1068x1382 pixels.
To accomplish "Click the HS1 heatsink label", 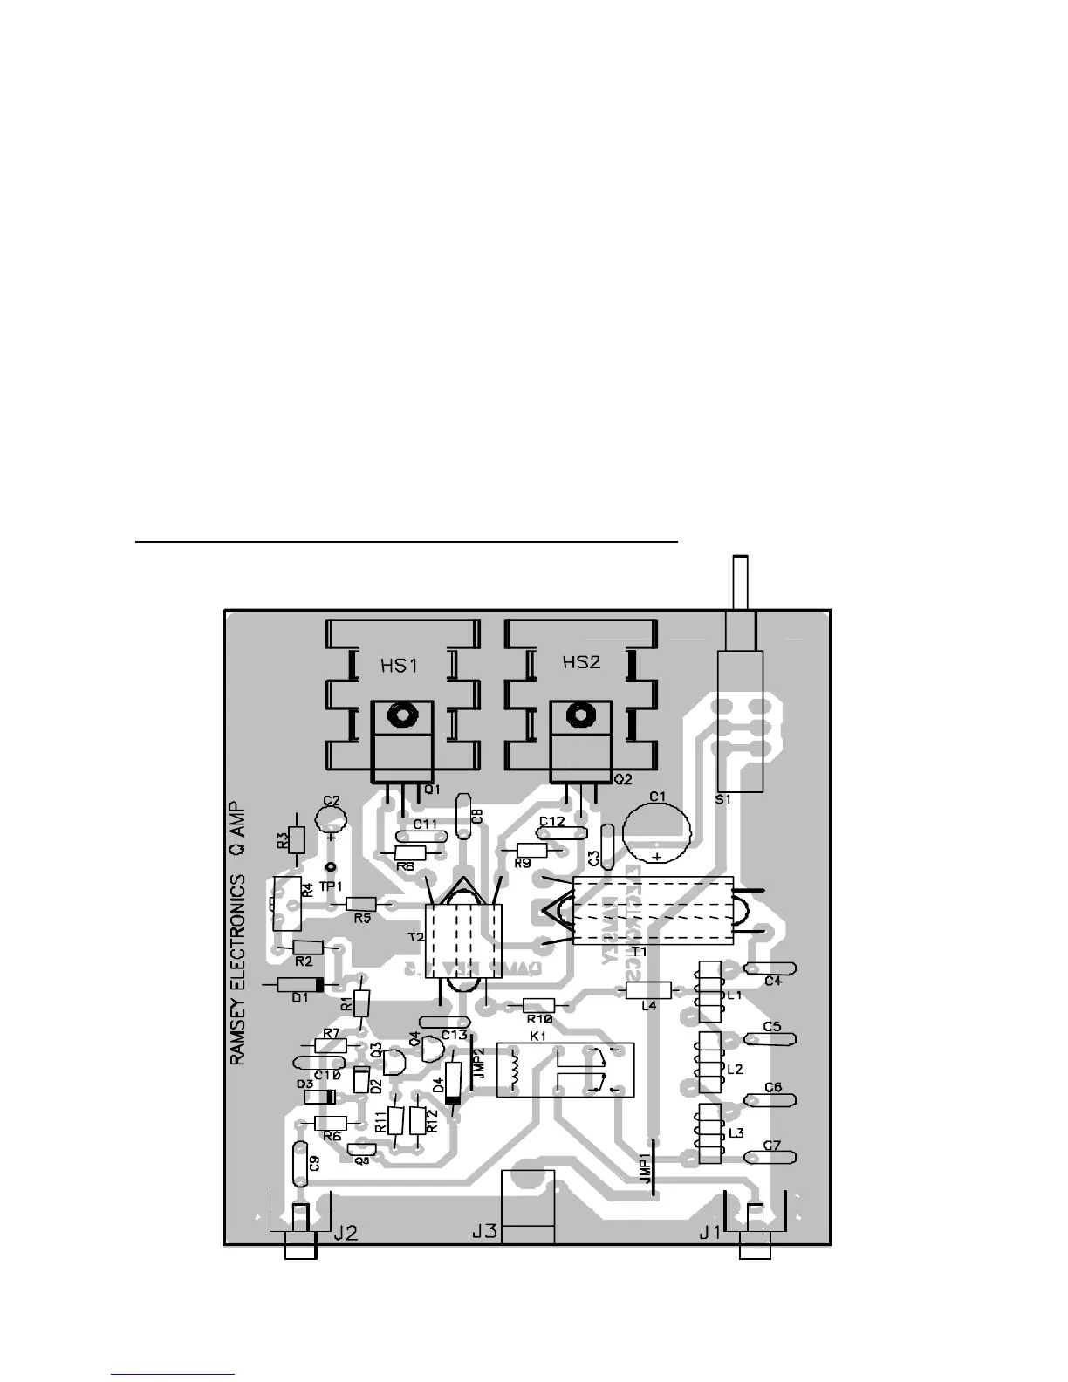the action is (x=399, y=667).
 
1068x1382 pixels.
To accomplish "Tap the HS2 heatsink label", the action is (x=581, y=662).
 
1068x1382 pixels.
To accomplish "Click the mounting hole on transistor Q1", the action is (x=402, y=716).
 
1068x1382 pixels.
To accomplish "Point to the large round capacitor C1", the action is (x=657, y=831).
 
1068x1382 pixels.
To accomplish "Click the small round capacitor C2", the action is (x=331, y=817).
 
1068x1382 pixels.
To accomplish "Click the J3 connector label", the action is (x=484, y=1232).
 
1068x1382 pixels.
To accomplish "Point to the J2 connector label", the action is (x=346, y=1233).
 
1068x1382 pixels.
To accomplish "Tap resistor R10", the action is (x=539, y=1005).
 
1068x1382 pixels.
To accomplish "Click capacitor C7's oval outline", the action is (x=770, y=1158).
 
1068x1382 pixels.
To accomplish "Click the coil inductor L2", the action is (x=709, y=1061).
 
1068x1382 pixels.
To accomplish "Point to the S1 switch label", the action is (x=722, y=798).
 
